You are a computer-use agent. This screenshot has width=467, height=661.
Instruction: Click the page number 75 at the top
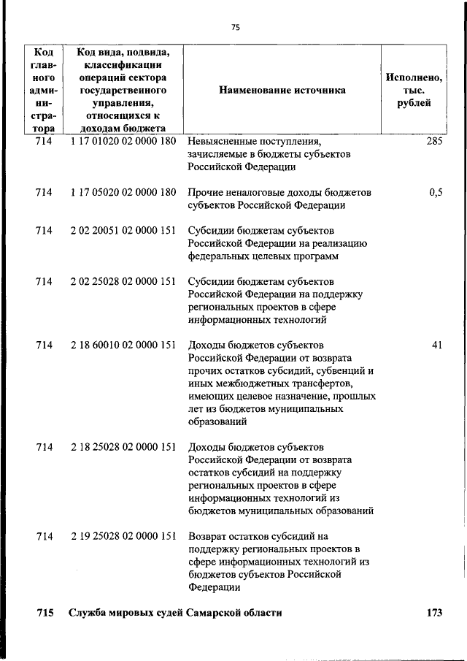coord(235,27)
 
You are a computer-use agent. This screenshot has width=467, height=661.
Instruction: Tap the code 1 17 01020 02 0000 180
coord(123,141)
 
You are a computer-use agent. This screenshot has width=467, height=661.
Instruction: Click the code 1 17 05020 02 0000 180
coord(123,192)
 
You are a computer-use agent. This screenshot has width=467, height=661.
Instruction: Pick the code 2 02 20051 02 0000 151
coord(123,230)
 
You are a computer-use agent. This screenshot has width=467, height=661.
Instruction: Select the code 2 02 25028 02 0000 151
coord(123,281)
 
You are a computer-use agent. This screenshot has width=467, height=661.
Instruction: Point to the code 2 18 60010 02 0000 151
coord(123,345)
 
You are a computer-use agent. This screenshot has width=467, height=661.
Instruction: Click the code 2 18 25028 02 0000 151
coord(123,447)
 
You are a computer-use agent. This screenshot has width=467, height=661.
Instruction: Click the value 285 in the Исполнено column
coord(434,141)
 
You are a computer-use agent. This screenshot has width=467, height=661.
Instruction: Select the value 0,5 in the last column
coord(436,192)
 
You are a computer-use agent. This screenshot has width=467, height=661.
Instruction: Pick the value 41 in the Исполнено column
coord(436,345)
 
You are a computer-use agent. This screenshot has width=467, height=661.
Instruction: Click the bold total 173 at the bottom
coord(434,614)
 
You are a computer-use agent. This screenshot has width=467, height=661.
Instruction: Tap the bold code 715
coord(45,614)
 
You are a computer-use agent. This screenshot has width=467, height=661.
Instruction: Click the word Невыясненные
coord(222,141)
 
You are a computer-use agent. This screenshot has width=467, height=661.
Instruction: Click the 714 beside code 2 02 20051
coord(44,230)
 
